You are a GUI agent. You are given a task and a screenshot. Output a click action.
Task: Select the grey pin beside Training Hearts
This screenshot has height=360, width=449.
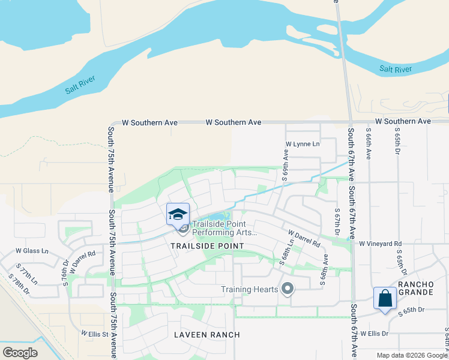point(288,289)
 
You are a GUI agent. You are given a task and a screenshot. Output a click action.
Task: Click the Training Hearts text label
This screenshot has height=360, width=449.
point(249,289)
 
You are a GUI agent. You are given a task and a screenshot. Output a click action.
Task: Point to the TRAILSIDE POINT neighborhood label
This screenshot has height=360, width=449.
point(207,246)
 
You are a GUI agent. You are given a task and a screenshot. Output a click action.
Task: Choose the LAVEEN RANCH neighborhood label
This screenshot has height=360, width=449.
point(207,334)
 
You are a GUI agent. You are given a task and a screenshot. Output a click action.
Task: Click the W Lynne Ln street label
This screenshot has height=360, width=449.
point(303,145)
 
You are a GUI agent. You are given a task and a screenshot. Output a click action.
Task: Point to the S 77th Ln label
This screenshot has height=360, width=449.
point(26,273)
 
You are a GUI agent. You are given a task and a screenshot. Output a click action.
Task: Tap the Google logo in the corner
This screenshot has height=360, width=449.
point(20,352)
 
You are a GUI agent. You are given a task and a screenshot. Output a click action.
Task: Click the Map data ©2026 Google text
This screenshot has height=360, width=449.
point(412,355)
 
